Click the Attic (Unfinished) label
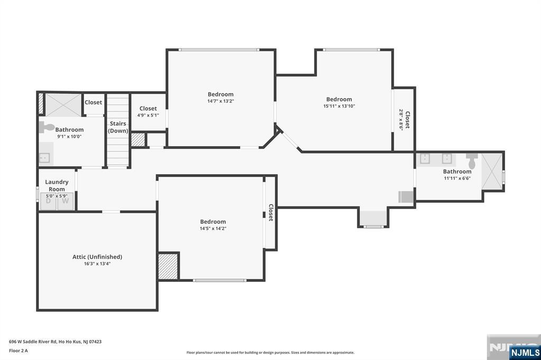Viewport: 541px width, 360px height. click(x=97, y=257)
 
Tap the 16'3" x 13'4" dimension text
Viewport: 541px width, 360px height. click(x=97, y=264)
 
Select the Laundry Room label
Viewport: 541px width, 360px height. click(x=57, y=185)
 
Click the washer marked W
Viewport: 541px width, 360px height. click(x=66, y=202)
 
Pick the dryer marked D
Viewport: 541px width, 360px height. click(x=48, y=202)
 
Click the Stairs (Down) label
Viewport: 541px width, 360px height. click(x=118, y=127)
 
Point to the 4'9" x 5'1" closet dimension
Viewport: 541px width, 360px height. click(x=148, y=115)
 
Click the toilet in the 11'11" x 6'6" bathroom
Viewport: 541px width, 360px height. click(x=472, y=160)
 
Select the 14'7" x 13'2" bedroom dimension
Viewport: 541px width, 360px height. click(x=220, y=101)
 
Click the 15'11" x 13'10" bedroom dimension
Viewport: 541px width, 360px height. click(x=339, y=106)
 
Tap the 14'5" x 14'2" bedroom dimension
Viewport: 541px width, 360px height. click(x=213, y=228)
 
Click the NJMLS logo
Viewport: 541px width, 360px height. click(x=525, y=352)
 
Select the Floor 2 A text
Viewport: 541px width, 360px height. click(x=18, y=350)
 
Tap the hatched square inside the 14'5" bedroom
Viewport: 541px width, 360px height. click(x=169, y=266)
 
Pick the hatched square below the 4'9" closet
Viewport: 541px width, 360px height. click(x=138, y=140)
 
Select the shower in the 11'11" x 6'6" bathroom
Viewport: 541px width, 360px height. click(x=492, y=171)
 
